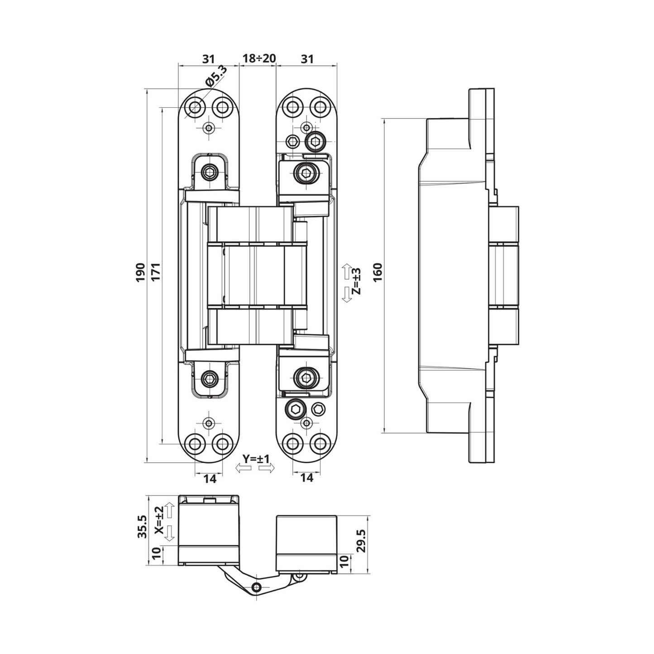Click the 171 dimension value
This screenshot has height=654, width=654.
coord(156,272)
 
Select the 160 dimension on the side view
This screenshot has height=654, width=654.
coord(378,272)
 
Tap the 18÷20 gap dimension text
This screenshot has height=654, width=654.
coord(258,58)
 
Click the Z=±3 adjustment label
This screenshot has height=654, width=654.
coord(356,281)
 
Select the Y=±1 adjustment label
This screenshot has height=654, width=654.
coord(256,459)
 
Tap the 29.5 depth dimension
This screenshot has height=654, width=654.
coord(362,539)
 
